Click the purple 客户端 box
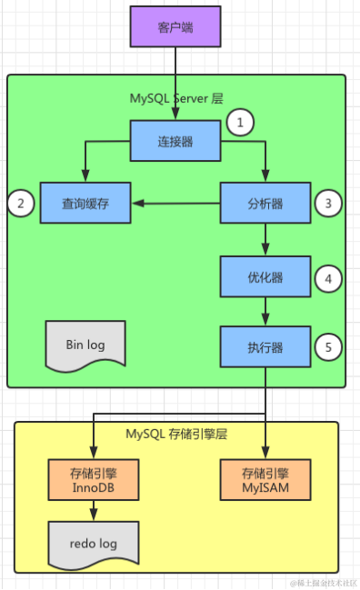click(175, 28)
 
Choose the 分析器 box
click(265, 204)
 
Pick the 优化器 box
click(265, 278)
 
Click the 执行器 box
click(265, 347)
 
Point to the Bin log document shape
click(86, 346)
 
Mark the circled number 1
click(239, 123)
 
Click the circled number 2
click(21, 204)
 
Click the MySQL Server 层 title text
click(176, 98)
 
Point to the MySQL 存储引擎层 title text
click(175, 434)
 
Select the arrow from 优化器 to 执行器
click(265, 313)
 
